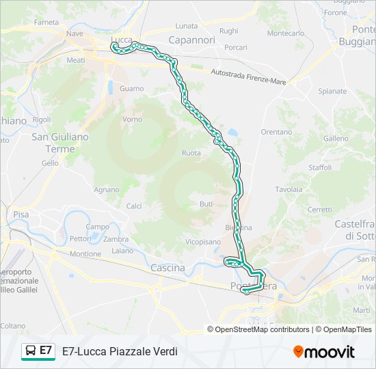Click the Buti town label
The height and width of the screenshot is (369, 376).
[x=206, y=204]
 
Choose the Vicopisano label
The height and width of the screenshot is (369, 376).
[x=202, y=242]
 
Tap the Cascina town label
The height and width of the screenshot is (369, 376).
[x=167, y=268]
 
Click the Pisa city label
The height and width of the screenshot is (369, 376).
[x=21, y=215]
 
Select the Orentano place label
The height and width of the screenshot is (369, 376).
[x=276, y=131]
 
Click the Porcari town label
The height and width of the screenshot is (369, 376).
[x=235, y=47]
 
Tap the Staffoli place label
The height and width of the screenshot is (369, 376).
[x=320, y=167]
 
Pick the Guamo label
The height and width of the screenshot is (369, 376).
[x=131, y=89]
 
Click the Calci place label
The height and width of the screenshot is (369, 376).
[x=134, y=206]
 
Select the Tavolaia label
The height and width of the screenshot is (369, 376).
[x=288, y=189]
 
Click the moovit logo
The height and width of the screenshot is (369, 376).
[x=324, y=352]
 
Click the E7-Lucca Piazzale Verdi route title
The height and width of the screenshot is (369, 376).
[x=120, y=351]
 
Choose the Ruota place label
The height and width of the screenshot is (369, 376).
[x=191, y=153]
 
